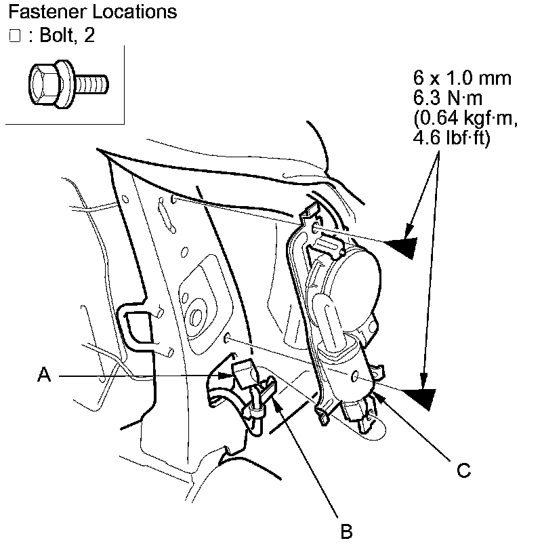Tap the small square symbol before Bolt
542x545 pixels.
(15, 36)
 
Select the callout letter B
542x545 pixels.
(346, 532)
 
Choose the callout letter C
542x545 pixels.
(463, 470)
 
